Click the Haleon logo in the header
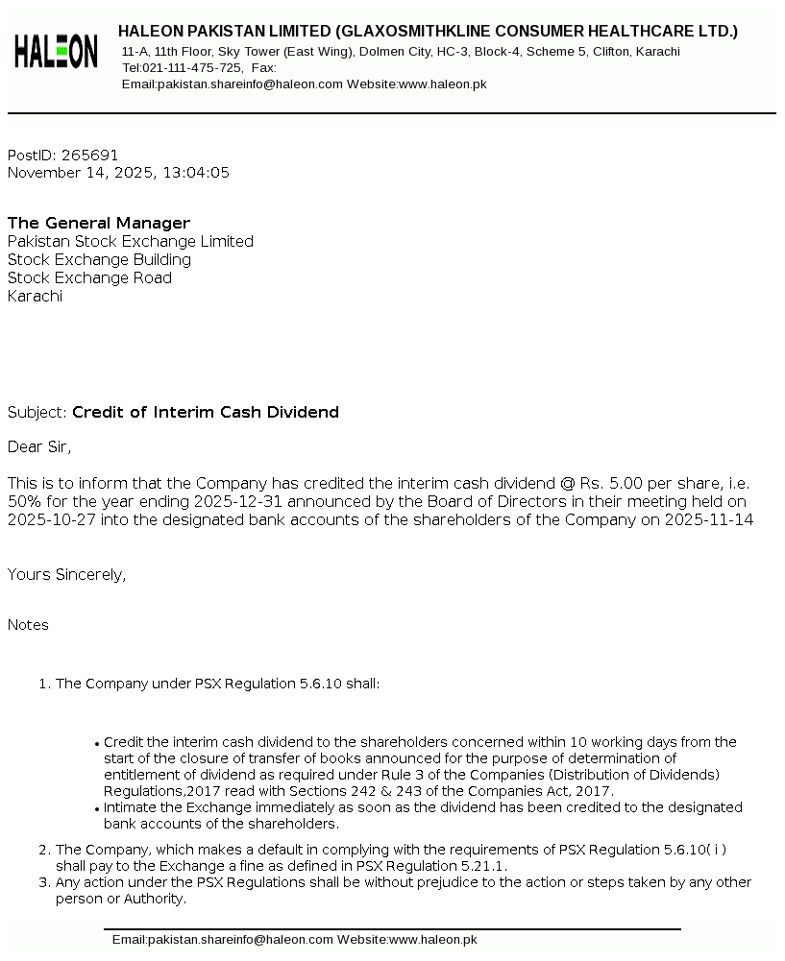tap(56, 51)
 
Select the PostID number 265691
tap(89, 156)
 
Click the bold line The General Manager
tap(99, 224)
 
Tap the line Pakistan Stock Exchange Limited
tap(131, 242)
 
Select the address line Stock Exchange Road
tap(89, 278)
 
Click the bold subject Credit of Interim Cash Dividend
tap(206, 413)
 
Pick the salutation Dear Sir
tap(39, 447)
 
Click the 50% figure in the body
tap(24, 502)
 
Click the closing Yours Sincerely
tap(66, 575)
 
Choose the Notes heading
tap(28, 625)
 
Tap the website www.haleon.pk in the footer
tap(432, 940)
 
